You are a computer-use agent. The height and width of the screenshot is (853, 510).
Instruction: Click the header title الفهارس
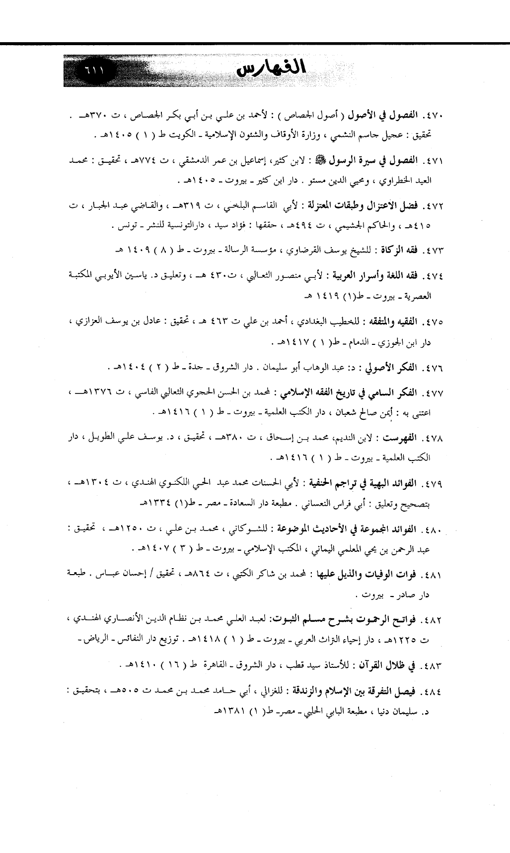point(270,68)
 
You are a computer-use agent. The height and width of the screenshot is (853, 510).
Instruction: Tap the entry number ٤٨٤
point(434,691)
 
